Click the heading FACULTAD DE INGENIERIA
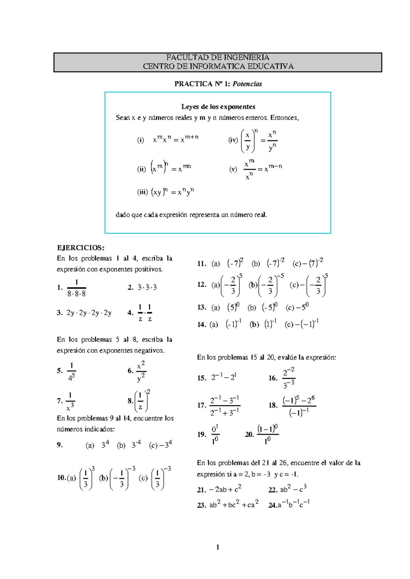click(x=218, y=57)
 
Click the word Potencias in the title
click(x=247, y=84)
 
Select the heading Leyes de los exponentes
click(x=218, y=107)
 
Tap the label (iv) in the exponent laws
click(x=233, y=140)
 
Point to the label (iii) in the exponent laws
click(x=142, y=192)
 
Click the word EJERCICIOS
click(x=81, y=248)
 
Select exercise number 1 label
click(x=60, y=287)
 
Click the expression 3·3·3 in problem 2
click(x=147, y=287)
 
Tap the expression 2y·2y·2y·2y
click(x=89, y=313)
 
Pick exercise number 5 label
click(x=60, y=371)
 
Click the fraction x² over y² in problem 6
click(x=141, y=371)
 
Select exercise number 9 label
click(x=60, y=445)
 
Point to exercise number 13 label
click(x=202, y=307)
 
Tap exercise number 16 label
click(x=273, y=378)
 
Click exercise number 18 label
click(x=273, y=405)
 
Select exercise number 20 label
click(x=249, y=434)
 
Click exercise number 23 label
click(x=201, y=505)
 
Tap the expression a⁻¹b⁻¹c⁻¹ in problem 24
click(x=293, y=504)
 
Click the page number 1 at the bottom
click(x=218, y=547)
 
